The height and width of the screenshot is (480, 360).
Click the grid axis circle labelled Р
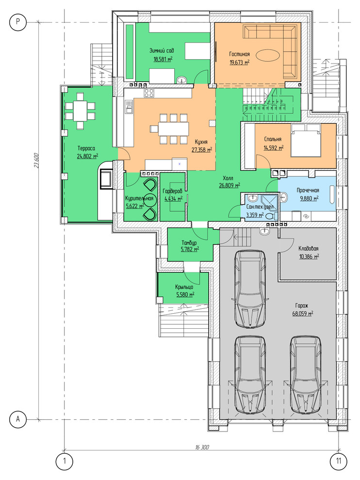18,22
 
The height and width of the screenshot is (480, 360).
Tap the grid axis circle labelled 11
339,461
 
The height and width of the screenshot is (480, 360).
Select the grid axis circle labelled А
18,418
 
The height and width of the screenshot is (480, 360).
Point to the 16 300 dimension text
202,447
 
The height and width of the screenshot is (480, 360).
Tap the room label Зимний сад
162,50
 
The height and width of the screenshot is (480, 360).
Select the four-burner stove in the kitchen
149,93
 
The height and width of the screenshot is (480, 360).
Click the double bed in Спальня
306,140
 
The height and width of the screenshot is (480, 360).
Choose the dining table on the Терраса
80,111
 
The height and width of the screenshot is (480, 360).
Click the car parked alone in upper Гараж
250,289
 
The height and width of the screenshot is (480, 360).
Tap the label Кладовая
309,249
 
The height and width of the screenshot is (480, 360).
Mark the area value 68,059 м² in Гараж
303,314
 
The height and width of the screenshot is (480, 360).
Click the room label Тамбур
189,243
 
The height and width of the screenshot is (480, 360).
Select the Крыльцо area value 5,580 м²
185,294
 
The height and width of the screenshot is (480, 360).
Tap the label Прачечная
308,191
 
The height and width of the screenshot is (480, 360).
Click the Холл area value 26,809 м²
229,185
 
